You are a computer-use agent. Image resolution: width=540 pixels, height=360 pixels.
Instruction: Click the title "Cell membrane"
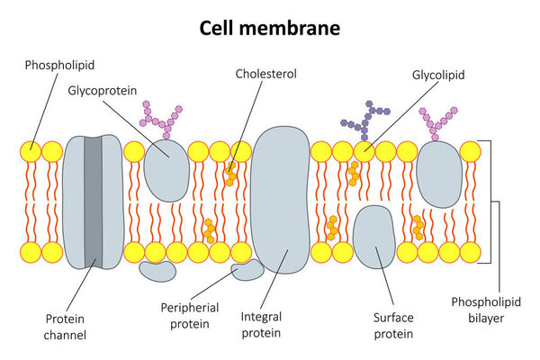pyautogui.click(x=270, y=28)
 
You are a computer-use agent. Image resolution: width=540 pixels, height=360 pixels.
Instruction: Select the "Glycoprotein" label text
pyautogui.click(x=102, y=90)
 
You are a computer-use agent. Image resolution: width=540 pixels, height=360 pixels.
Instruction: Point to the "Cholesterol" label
pyautogui.click(x=265, y=74)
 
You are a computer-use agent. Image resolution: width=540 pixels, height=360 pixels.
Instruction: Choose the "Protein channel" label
pyautogui.click(x=66, y=327)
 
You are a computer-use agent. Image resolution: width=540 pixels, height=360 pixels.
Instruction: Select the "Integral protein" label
pyautogui.click(x=261, y=325)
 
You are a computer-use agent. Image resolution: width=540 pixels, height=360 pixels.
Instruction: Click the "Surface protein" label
pyautogui.click(x=392, y=325)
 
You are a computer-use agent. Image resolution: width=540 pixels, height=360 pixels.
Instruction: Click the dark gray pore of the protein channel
pyautogui.click(x=93, y=202)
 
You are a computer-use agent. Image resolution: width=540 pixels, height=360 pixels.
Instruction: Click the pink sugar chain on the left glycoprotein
pyautogui.click(x=159, y=118)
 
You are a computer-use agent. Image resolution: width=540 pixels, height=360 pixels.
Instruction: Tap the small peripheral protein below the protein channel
pyautogui.click(x=158, y=270)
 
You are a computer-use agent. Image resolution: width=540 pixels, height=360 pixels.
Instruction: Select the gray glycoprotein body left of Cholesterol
pyautogui.click(x=167, y=170)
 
